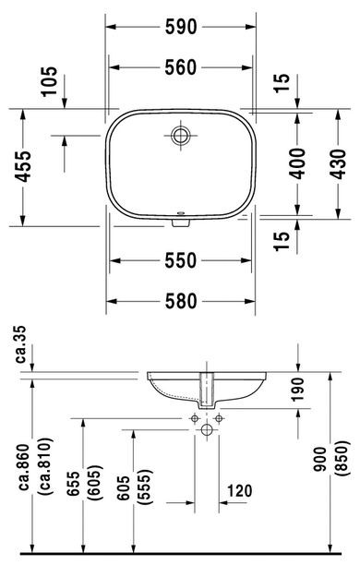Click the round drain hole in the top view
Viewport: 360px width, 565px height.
pyautogui.click(x=180, y=137)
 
